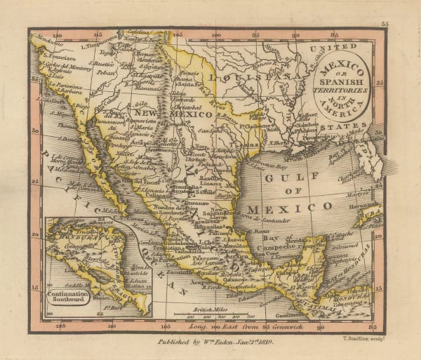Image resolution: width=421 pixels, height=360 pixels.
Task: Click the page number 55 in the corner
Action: tap(385, 24)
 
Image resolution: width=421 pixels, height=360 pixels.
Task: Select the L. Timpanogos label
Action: tap(98, 46)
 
